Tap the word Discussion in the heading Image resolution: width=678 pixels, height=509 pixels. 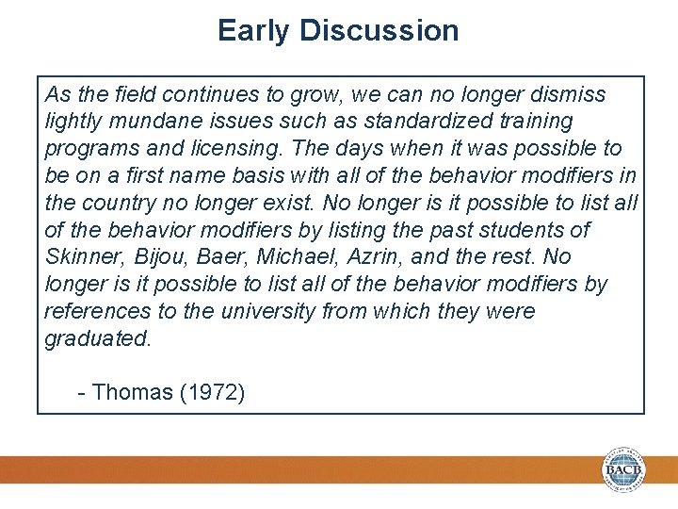coord(379,31)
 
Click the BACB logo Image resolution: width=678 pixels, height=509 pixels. coord(623,469)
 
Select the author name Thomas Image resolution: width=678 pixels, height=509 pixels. coord(132,392)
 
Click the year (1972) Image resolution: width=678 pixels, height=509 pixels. coord(212,392)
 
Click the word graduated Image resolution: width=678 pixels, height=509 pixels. coord(97,338)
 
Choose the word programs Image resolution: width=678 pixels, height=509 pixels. coord(88,149)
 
